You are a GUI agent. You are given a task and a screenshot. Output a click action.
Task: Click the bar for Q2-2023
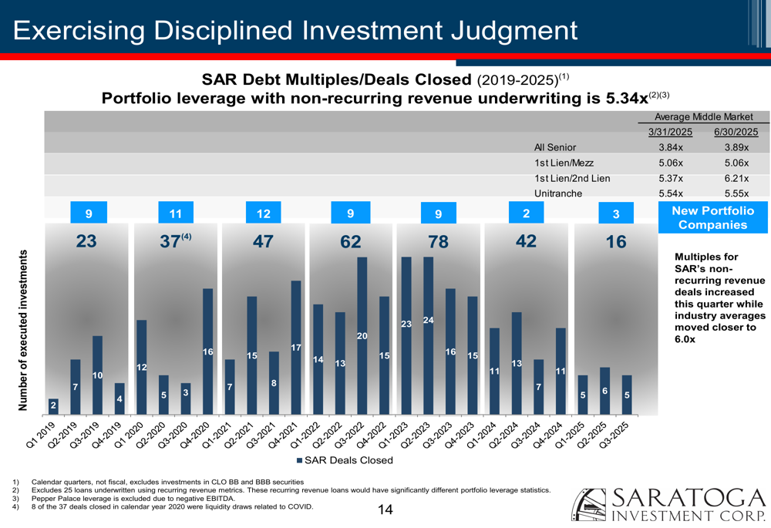tap(429, 336)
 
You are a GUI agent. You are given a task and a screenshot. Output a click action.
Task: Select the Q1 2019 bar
tap(53, 406)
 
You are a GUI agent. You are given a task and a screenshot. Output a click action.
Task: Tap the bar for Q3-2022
tap(362, 336)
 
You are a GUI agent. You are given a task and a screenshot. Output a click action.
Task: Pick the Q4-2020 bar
tap(207, 351)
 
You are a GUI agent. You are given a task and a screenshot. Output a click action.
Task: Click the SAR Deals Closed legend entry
tap(345, 460)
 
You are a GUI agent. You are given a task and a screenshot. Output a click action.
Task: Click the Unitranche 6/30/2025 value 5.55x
tap(736, 193)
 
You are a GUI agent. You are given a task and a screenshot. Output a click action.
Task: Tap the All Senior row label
tap(554, 146)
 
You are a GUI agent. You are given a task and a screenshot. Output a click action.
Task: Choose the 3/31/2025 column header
tap(670, 132)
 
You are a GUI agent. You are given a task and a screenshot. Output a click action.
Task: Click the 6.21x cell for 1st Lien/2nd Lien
tap(736, 178)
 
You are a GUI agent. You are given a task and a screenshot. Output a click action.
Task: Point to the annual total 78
tap(438, 241)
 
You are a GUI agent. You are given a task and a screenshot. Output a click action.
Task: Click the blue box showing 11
tap(175, 214)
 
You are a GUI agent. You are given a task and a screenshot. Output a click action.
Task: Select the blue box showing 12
tap(264, 214)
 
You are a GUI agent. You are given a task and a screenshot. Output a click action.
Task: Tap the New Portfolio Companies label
tap(712, 217)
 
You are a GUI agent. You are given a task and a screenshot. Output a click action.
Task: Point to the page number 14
tap(385, 510)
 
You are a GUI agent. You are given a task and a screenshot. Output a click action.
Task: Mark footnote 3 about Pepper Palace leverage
tap(116, 499)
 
